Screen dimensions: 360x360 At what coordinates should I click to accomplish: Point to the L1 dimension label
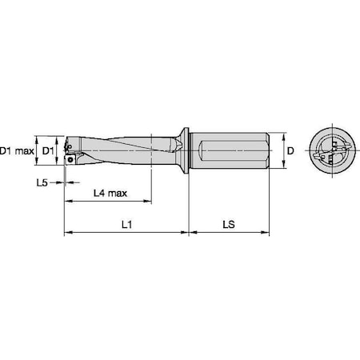(x=126, y=225)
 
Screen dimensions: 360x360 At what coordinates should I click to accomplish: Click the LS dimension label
(x=227, y=225)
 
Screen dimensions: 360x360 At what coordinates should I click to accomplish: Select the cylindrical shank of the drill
(x=232, y=150)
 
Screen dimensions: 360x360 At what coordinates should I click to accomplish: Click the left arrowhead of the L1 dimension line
(x=66, y=234)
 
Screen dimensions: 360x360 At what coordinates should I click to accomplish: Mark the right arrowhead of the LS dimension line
(x=267, y=234)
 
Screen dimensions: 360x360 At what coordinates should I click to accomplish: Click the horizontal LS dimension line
(x=229, y=234)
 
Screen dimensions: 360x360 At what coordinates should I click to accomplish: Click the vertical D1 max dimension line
(x=38, y=150)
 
